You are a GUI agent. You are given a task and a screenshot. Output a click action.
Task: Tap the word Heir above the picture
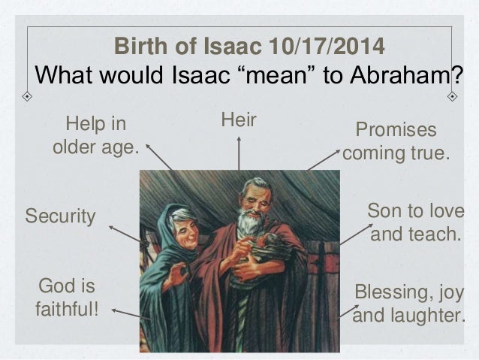pyautogui.click(x=239, y=119)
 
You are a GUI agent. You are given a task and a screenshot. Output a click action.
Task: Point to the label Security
pyautogui.click(x=61, y=217)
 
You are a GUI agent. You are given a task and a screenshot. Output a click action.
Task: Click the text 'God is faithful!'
pyautogui.click(x=67, y=296)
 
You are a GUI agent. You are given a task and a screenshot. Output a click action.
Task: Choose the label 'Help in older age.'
pyautogui.click(x=96, y=135)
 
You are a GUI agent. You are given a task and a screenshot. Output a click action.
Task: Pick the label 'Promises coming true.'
pyautogui.click(x=396, y=143)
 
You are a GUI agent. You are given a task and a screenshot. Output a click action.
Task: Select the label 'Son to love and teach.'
pyautogui.click(x=415, y=222)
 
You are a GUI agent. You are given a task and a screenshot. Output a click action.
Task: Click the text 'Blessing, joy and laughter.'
pyautogui.click(x=409, y=304)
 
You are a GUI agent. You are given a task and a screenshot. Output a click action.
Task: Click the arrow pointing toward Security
pyautogui.click(x=124, y=234)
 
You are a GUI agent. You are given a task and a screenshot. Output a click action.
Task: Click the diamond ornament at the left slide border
pyautogui.click(x=26, y=96)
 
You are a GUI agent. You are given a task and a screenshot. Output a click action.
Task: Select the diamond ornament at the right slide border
pyautogui.click(x=452, y=96)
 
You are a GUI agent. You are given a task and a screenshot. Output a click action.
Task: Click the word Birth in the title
pyautogui.click(x=137, y=47)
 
